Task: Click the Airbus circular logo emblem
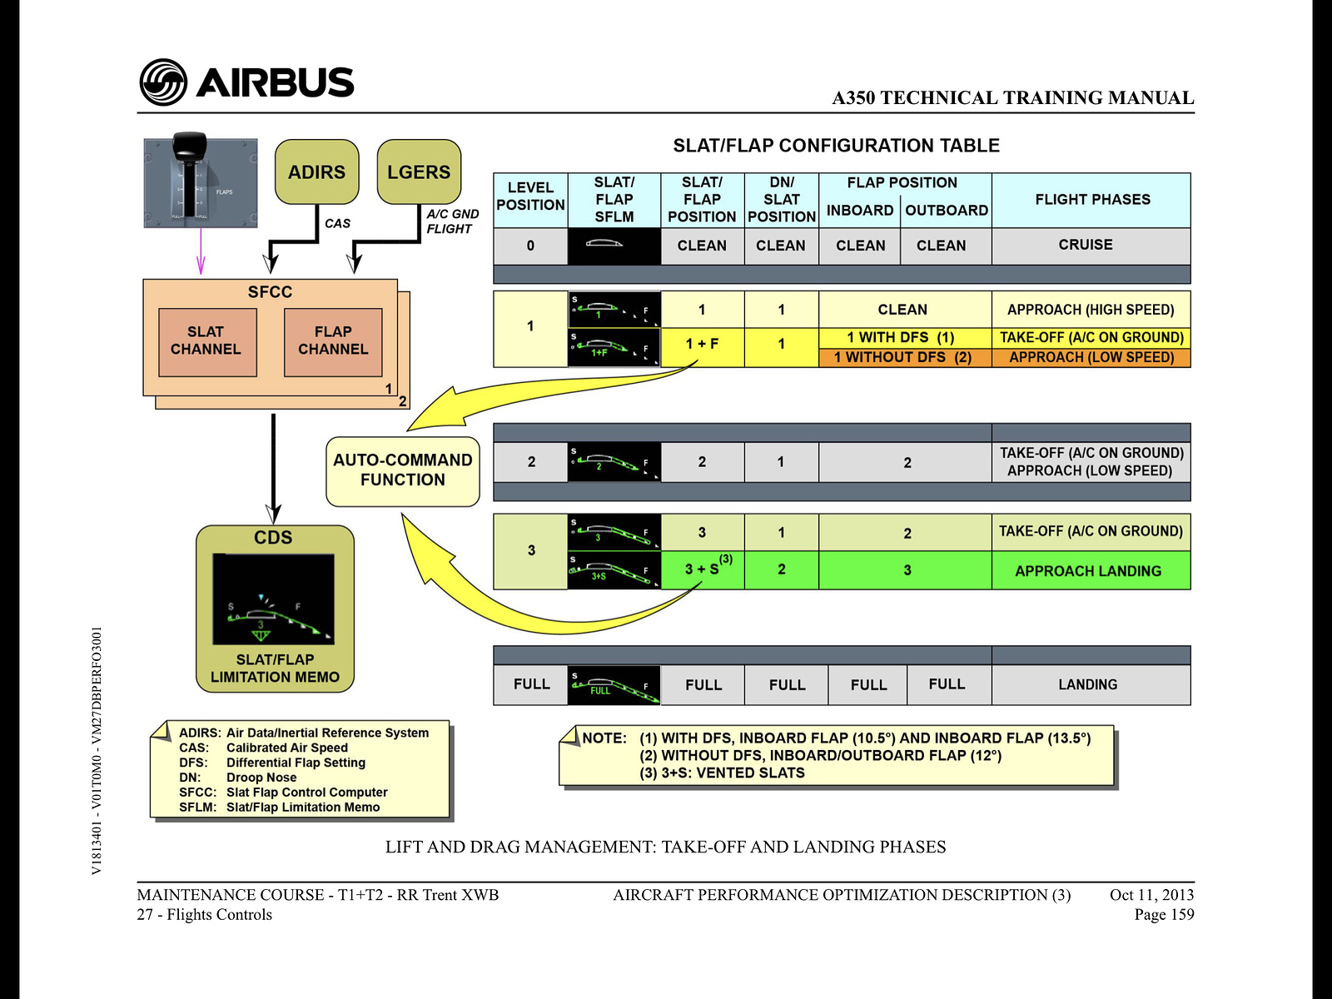pyautogui.click(x=163, y=82)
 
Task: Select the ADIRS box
pyautogui.click(x=316, y=172)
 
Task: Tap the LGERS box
pyautogui.click(x=419, y=172)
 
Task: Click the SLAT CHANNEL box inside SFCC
pyautogui.click(x=206, y=341)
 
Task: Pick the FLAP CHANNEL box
pyautogui.click(x=333, y=341)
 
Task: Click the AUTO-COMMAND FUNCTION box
pyautogui.click(x=403, y=470)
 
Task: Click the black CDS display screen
pyautogui.click(x=273, y=599)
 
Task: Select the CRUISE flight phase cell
pyautogui.click(x=1086, y=245)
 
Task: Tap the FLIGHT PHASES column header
pyautogui.click(x=1092, y=200)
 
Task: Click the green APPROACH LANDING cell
pyautogui.click(x=1088, y=571)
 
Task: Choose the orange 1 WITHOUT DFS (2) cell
pyautogui.click(x=903, y=358)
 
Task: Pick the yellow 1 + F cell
pyautogui.click(x=702, y=344)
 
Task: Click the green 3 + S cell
pyautogui.click(x=702, y=569)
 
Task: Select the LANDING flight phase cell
pyautogui.click(x=1088, y=684)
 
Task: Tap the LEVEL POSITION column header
pyautogui.click(x=530, y=197)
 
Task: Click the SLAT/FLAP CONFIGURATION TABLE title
pyautogui.click(x=836, y=146)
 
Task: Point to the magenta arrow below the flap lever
pyautogui.click(x=200, y=252)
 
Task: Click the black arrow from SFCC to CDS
pyautogui.click(x=273, y=466)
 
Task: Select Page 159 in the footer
pyautogui.click(x=1164, y=915)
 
